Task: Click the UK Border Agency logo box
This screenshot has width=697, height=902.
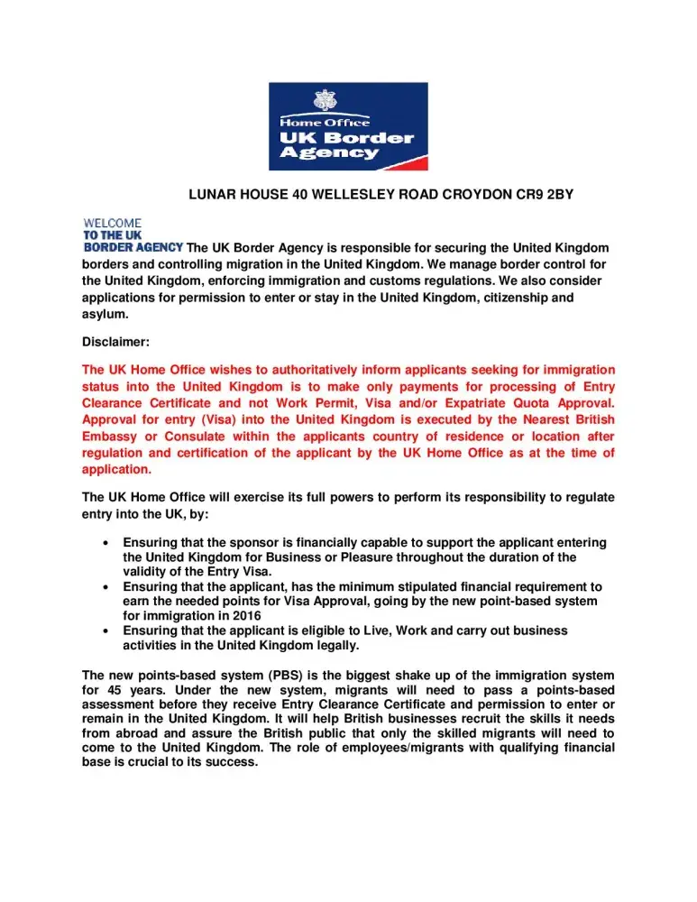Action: click(x=348, y=126)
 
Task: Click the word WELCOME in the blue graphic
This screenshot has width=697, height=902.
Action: click(x=112, y=223)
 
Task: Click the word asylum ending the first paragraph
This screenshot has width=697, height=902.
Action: click(x=105, y=315)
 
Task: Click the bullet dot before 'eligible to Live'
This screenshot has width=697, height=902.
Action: click(x=108, y=630)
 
